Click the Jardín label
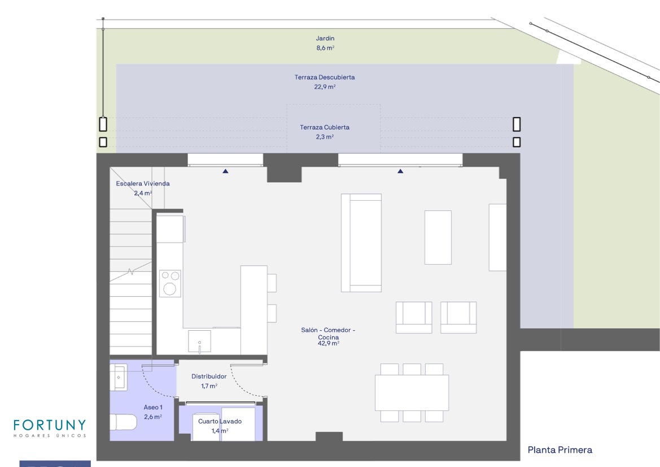[325, 38]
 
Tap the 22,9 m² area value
[325, 87]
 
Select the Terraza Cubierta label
[325, 127]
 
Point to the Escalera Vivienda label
[143, 183]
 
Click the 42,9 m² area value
[329, 344]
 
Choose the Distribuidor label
[209, 377]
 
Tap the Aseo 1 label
[153, 407]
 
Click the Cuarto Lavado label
[220, 421]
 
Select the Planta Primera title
[560, 450]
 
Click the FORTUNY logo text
[50, 425]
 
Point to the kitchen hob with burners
[170, 283]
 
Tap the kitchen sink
[199, 341]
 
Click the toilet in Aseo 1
[123, 422]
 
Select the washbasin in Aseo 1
[118, 378]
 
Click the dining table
[412, 393]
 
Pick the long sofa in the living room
[361, 243]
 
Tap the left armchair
[414, 317]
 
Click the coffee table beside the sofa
[438, 237]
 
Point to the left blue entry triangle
[226, 171]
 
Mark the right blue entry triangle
[400, 171]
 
